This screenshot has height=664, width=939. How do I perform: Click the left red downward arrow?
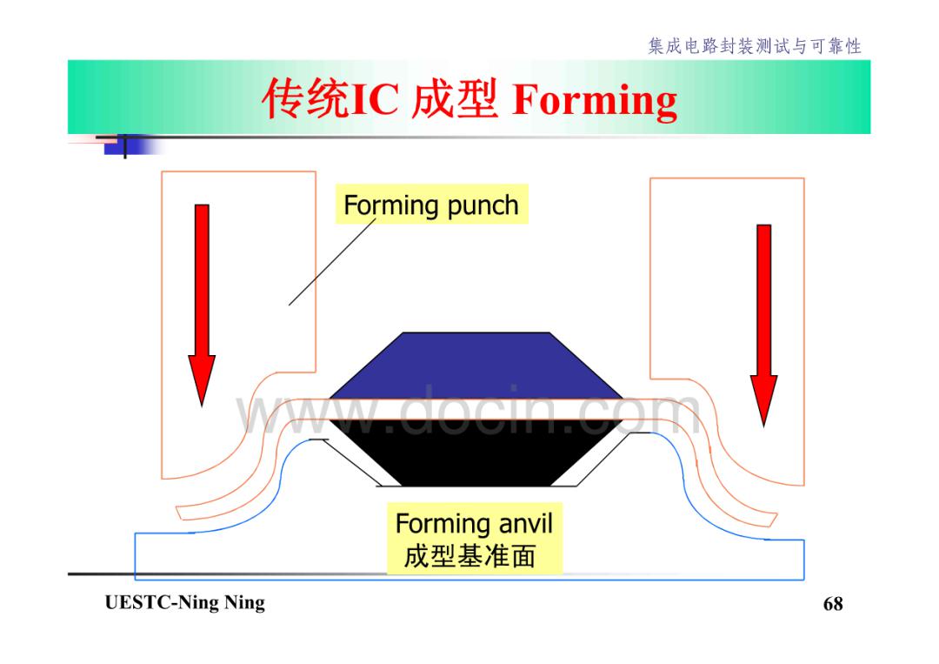[202, 305]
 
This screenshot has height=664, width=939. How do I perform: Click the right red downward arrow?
[763, 325]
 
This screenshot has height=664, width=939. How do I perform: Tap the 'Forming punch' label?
[431, 205]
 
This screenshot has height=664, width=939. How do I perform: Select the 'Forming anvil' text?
[474, 523]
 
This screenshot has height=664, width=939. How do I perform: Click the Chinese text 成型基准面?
[469, 555]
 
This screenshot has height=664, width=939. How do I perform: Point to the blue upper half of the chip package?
[476, 366]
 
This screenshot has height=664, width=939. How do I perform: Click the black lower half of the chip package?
[476, 453]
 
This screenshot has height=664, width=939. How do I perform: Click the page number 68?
[833, 603]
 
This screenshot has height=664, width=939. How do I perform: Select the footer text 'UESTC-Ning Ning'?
[185, 602]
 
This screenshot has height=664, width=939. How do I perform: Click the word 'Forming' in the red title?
[595, 100]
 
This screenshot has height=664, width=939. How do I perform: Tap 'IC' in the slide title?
[374, 99]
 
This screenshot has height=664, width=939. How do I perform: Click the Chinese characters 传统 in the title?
[306, 98]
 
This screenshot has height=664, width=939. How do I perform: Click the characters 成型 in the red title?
[455, 98]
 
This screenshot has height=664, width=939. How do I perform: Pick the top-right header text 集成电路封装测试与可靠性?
[755, 45]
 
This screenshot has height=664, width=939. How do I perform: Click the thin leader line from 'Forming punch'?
[332, 262]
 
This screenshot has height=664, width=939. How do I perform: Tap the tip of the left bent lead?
[178, 513]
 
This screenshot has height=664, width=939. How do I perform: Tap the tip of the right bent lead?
[773, 520]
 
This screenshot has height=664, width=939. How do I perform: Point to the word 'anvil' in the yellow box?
[525, 523]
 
